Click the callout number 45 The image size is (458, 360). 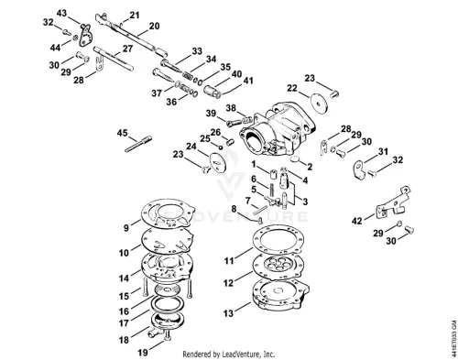[122, 133]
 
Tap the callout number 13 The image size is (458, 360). [228, 313]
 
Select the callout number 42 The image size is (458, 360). [357, 221]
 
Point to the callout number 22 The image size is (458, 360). [292, 88]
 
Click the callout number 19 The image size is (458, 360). [143, 353]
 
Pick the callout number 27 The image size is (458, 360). [128, 49]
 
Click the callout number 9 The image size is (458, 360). [126, 228]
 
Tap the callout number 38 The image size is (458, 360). [231, 108]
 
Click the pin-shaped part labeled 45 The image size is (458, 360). [138, 144]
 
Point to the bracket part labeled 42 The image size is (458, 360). [392, 203]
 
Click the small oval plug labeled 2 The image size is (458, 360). [295, 158]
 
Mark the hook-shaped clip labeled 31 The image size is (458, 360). [359, 169]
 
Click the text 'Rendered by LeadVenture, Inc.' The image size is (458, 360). [229, 355]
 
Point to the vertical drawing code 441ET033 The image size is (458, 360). [454, 337]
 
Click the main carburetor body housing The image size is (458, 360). [277, 130]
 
